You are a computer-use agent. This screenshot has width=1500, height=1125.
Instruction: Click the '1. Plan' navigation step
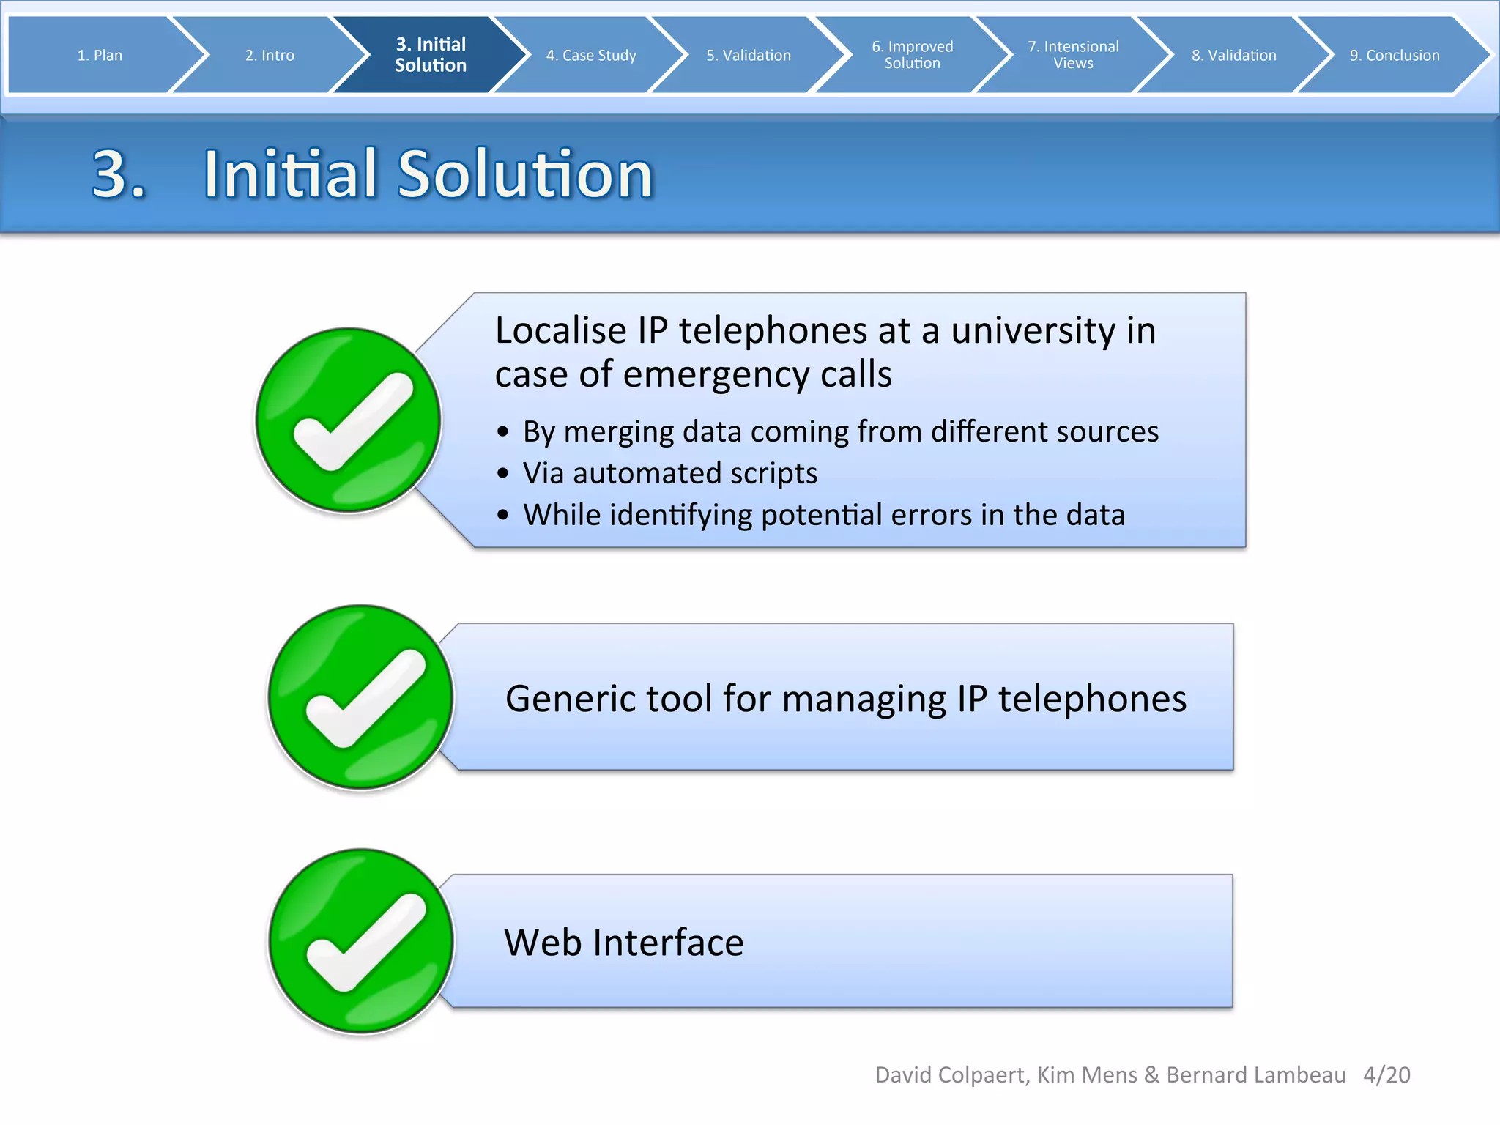[x=100, y=55]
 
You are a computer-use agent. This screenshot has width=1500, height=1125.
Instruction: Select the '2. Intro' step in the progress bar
[x=270, y=55]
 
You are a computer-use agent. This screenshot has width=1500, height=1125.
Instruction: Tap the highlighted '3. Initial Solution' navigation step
[x=431, y=55]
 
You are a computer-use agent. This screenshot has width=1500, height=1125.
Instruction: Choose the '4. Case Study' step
[x=591, y=55]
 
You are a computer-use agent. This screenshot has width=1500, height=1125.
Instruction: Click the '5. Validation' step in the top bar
[x=749, y=55]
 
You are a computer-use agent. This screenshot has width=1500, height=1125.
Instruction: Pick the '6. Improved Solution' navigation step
[x=913, y=55]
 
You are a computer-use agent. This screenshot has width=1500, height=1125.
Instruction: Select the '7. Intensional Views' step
[x=1073, y=55]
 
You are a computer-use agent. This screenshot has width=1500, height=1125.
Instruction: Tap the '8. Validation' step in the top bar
[x=1233, y=55]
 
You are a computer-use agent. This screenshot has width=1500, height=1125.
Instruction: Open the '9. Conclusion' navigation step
[x=1395, y=55]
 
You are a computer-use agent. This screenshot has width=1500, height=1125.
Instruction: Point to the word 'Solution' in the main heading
[x=524, y=174]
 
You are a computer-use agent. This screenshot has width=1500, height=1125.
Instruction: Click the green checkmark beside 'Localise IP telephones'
[x=348, y=420]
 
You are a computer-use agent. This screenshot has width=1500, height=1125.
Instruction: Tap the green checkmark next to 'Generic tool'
[x=360, y=697]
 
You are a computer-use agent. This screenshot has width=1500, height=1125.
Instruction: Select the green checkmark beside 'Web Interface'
[x=360, y=941]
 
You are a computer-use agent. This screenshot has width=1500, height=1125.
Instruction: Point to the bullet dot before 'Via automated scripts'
[x=502, y=474]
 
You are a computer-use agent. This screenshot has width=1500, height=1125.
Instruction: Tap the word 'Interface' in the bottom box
[x=668, y=943]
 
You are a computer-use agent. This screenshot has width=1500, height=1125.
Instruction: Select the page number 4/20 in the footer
[x=1386, y=1074]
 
